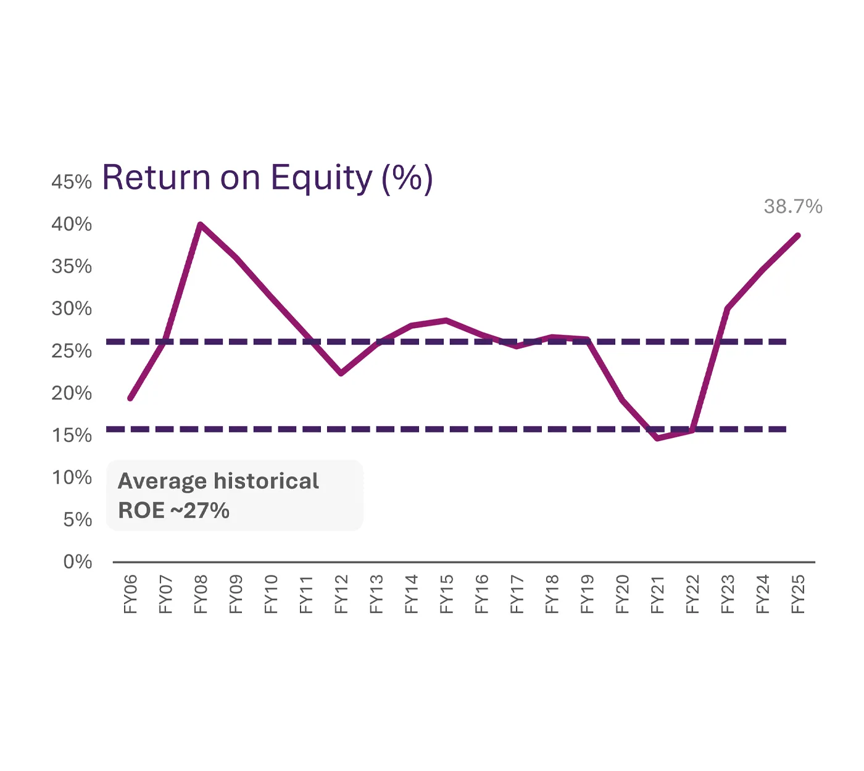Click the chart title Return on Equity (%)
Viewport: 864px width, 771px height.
(267, 178)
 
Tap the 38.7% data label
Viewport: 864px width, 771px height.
(793, 207)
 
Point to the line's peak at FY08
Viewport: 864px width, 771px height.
(201, 225)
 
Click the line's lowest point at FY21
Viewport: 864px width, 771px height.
(658, 438)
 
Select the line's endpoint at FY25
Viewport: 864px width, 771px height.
(798, 236)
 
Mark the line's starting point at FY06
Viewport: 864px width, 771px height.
(130, 398)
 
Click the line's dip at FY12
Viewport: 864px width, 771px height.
(341, 373)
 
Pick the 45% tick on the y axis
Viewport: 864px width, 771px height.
(72, 182)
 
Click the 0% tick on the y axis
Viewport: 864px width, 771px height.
(78, 562)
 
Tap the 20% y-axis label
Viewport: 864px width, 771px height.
(72, 393)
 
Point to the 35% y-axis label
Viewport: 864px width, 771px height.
(72, 266)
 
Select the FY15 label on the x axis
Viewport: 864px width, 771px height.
(447, 594)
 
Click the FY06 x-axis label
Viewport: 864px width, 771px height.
(130, 594)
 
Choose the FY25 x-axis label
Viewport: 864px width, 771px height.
(798, 594)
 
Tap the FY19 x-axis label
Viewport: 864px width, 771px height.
(588, 594)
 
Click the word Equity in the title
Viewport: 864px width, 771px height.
(322, 178)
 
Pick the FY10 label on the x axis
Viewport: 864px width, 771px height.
(271, 594)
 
